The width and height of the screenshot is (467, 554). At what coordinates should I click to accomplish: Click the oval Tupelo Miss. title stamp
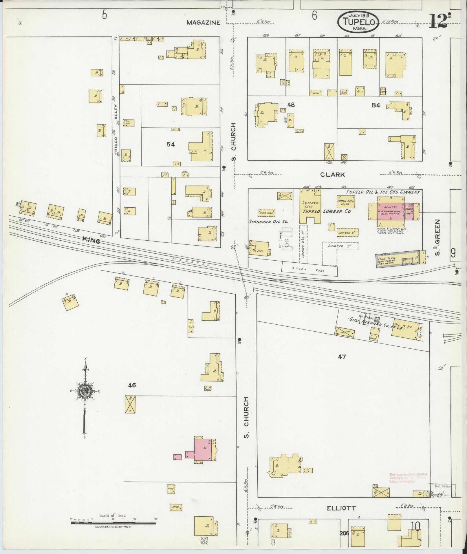click(358, 22)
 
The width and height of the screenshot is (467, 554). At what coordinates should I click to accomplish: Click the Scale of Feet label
click(115, 516)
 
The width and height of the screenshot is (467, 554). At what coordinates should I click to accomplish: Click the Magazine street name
click(203, 23)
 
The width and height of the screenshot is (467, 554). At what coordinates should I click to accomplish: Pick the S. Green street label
click(437, 237)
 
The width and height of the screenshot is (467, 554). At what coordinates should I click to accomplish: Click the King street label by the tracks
click(91, 240)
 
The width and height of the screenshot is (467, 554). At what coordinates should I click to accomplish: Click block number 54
click(171, 144)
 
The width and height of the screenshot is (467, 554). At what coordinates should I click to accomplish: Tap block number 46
click(132, 385)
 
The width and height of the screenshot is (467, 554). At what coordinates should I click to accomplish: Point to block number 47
click(342, 357)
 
